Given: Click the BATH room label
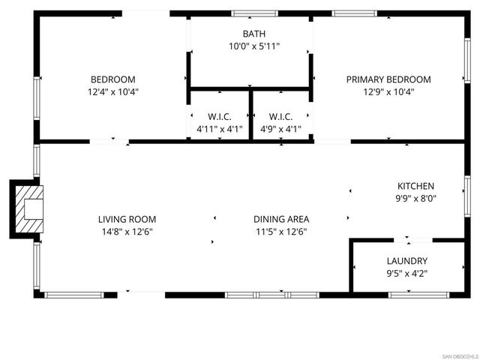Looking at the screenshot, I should coord(253,34).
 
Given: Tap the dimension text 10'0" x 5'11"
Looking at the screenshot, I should coord(253,46).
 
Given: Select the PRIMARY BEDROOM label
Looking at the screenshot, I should coord(388,79).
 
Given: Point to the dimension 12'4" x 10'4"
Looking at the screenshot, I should coord(113,91).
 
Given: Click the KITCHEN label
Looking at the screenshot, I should coord(415,186).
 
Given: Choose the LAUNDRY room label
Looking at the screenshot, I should coord(406,261).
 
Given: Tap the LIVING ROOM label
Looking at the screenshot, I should coord(127,219).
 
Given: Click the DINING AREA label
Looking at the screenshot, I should coord(280,219).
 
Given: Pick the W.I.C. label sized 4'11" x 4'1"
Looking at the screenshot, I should coord(219,116).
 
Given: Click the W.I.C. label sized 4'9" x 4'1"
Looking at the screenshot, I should coord(280,116).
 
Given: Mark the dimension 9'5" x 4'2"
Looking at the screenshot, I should coord(406,274).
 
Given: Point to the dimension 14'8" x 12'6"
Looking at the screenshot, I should coord(127,232).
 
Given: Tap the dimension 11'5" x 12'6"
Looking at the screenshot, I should coord(280,232).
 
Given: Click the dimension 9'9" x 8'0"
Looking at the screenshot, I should coord(415,199).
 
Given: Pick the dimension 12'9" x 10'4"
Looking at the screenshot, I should coord(388,91).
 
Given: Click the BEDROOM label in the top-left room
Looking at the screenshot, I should coord(113,79).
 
